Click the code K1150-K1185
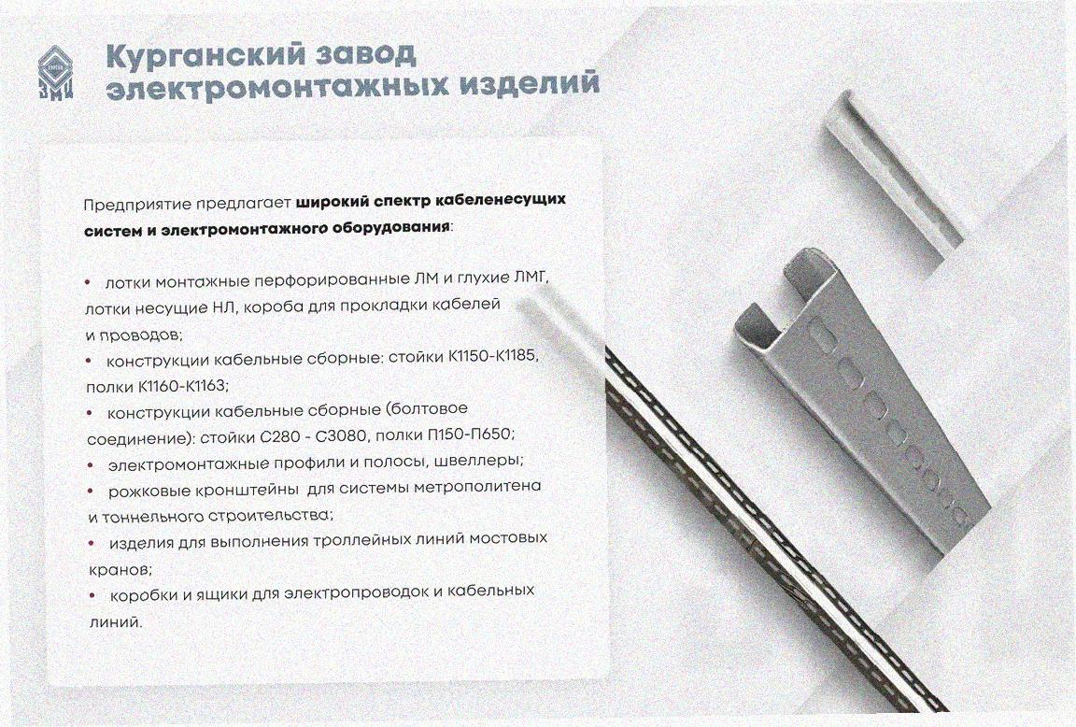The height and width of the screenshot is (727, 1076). point(494,357)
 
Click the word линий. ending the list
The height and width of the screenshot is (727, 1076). point(116,622)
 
